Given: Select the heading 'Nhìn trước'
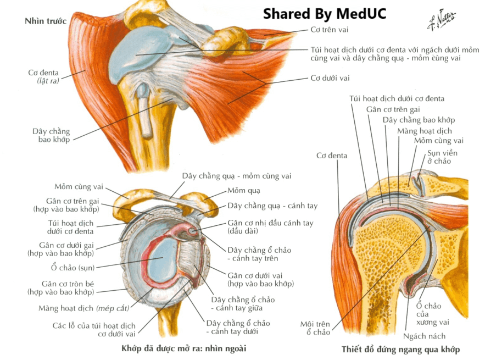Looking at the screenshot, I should (x=46, y=21).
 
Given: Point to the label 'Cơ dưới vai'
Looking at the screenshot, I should (x=330, y=78).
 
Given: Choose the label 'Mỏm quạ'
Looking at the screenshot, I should (x=244, y=191).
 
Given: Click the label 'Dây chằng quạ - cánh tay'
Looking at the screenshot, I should (x=272, y=206).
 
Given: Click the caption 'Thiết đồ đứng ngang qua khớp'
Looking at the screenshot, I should (x=400, y=350).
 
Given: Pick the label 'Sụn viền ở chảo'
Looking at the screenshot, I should (x=442, y=157).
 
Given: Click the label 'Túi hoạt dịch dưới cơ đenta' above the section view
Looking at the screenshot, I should (x=397, y=99).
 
